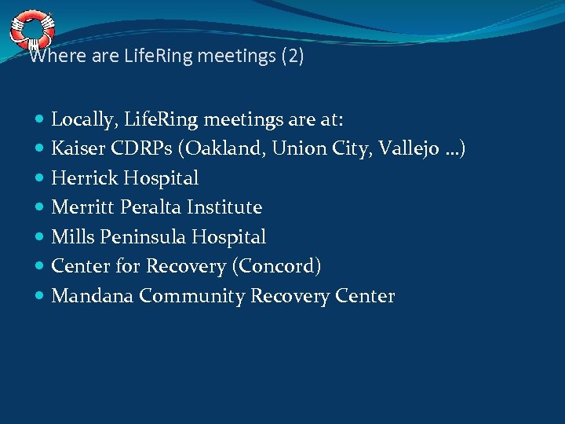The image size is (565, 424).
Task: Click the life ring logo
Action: click(x=32, y=29)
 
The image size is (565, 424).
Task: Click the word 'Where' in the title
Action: click(x=49, y=57)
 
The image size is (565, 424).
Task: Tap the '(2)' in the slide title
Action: click(x=292, y=57)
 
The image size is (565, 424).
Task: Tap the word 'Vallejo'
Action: click(x=403, y=148)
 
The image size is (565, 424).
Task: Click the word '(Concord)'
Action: click(x=276, y=266)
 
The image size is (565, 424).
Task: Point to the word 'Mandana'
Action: click(x=88, y=296)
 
